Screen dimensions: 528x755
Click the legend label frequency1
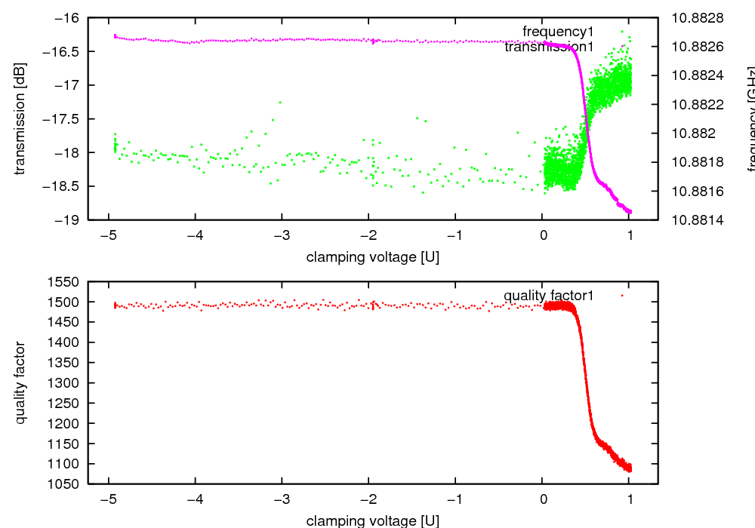click(x=558, y=32)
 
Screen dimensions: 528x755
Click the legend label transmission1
click(x=549, y=47)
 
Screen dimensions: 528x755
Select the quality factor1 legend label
click(x=548, y=296)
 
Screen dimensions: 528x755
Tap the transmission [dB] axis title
click(x=20, y=118)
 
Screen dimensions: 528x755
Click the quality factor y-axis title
click(x=20, y=382)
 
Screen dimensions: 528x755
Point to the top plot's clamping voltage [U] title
click(x=373, y=256)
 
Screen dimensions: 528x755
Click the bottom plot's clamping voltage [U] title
click(x=373, y=520)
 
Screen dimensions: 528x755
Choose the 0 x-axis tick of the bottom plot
click(x=543, y=499)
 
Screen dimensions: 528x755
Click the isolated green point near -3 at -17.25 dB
click(x=280, y=102)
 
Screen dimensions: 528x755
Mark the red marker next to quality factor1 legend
click(x=622, y=296)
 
